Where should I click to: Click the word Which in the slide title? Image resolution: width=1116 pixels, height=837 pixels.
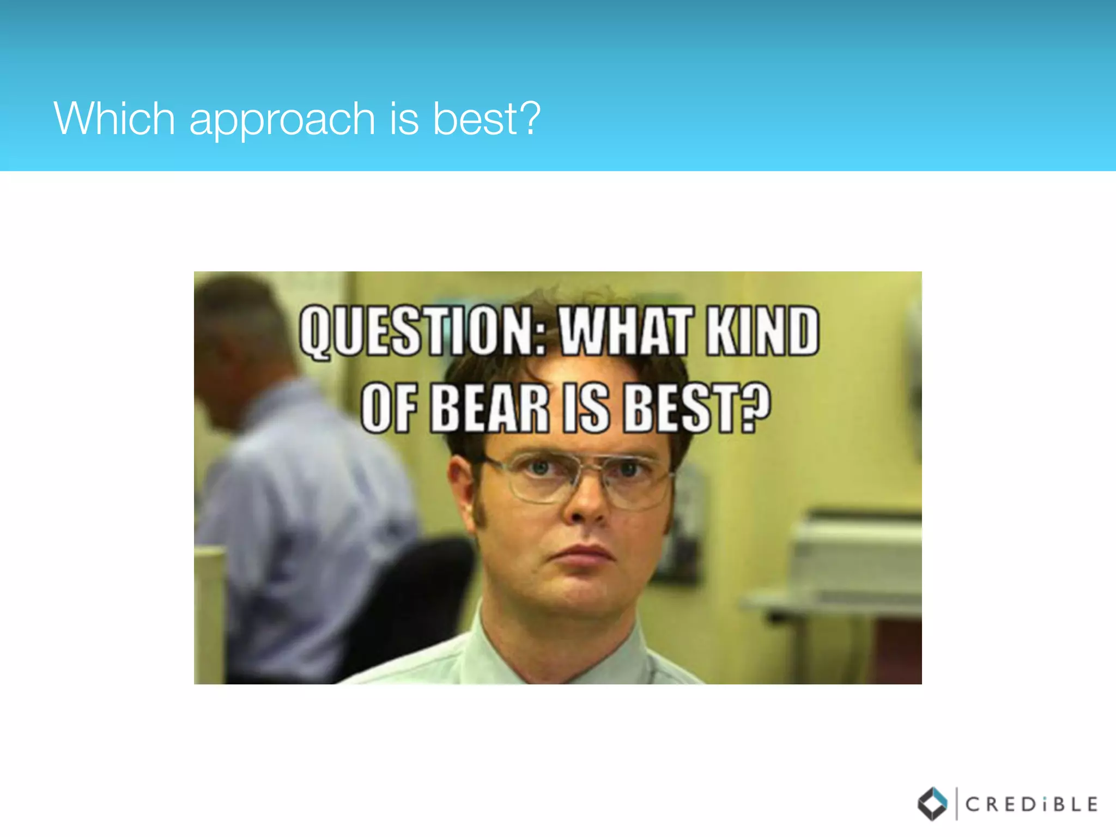click(x=114, y=118)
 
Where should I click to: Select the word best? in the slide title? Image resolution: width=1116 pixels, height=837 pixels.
click(x=487, y=118)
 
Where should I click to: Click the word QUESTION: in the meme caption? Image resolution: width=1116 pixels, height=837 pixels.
click(x=422, y=331)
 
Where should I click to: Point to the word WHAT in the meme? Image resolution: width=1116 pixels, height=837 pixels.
click(x=626, y=331)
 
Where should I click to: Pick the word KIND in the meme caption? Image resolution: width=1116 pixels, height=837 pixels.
click(x=762, y=331)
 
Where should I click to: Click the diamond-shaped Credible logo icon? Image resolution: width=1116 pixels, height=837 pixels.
click(x=932, y=804)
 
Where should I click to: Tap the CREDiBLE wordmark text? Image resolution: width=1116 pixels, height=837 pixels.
click(x=1031, y=804)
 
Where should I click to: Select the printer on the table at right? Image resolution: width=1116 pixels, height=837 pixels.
click(x=856, y=556)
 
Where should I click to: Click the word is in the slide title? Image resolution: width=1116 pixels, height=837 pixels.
click(x=404, y=118)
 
